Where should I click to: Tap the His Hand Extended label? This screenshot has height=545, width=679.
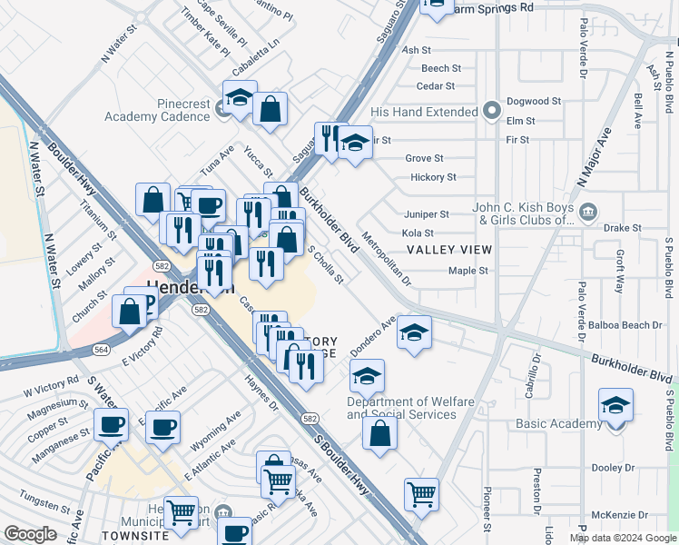click(424, 112)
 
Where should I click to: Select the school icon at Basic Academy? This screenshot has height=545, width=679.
click(615, 405)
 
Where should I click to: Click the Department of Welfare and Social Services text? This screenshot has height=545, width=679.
click(401, 408)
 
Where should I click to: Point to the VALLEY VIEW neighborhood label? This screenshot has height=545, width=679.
click(448, 250)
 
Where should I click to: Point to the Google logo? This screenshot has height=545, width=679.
click(31, 534)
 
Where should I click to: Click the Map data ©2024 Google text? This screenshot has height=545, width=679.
click(622, 538)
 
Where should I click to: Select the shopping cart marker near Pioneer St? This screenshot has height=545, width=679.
click(421, 495)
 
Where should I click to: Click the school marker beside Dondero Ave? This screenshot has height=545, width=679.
click(414, 333)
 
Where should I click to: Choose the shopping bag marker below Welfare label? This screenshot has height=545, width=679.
click(379, 432)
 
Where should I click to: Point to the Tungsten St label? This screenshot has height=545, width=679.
click(39, 504)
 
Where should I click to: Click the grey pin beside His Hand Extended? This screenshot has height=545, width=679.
click(492, 112)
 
